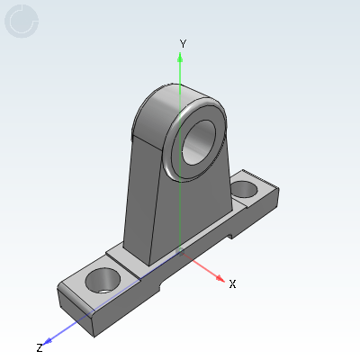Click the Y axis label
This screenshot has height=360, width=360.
[x=183, y=44]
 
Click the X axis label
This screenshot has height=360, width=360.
[x=232, y=283]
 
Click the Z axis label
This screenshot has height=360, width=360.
[x=40, y=348]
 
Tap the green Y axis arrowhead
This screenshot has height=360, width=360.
[x=180, y=58]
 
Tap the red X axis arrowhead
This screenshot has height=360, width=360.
[x=220, y=278]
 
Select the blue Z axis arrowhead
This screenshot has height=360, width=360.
[x=48, y=341]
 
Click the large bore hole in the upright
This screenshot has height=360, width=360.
[x=199, y=142]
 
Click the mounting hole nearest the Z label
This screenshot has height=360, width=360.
[x=103, y=281]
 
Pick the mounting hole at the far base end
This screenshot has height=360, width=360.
[x=245, y=189]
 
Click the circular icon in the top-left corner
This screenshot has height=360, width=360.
[x=22, y=21]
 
